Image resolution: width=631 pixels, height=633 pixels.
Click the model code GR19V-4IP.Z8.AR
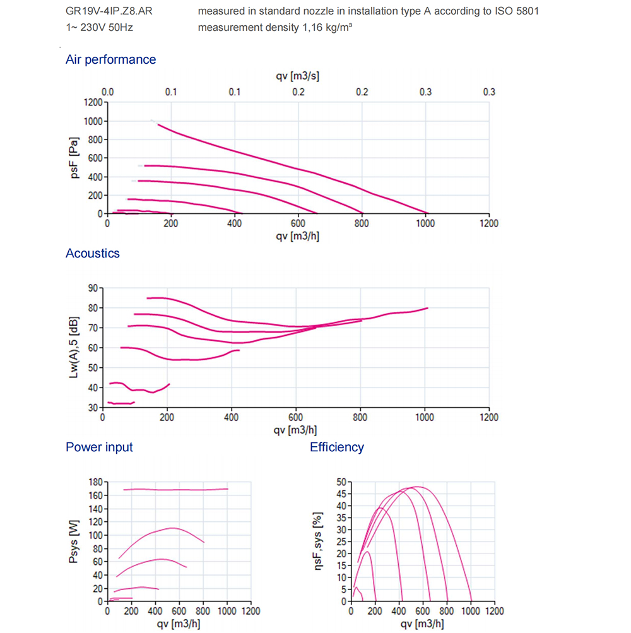click(x=109, y=11)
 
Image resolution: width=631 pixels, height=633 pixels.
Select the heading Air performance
click(x=110, y=59)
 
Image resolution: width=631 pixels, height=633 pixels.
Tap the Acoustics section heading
click(x=92, y=253)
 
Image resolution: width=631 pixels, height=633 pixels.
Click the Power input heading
click(x=99, y=447)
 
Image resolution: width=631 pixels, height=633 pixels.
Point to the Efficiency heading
click(x=337, y=447)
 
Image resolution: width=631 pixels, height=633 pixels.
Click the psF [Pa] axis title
click(x=75, y=157)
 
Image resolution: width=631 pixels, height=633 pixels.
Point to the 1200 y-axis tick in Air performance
click(x=92, y=102)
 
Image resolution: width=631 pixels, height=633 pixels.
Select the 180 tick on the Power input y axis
click(x=95, y=482)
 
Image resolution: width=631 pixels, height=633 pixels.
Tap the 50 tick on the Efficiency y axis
click(x=340, y=482)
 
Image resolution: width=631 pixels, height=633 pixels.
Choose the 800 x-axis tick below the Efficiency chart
click(x=447, y=611)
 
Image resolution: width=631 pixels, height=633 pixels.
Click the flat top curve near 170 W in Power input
click(x=177, y=489)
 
